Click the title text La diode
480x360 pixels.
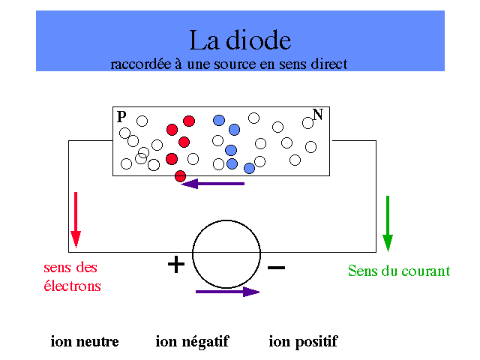click(x=240, y=40)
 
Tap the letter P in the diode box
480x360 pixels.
click(x=121, y=117)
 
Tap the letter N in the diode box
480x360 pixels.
click(x=318, y=115)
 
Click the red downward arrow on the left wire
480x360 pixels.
click(x=76, y=220)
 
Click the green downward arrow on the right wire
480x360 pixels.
click(x=388, y=223)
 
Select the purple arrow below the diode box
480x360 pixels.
click(x=213, y=184)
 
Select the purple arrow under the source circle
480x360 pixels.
click(x=228, y=292)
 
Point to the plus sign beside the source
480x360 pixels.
click(x=176, y=264)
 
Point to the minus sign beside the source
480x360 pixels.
click(x=277, y=268)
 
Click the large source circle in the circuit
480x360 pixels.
click(x=226, y=254)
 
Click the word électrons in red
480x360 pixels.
click(x=72, y=286)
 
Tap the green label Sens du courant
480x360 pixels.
click(x=399, y=271)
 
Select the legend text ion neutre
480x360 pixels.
click(x=85, y=341)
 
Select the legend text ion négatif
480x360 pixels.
click(x=192, y=342)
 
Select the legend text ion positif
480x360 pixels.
click(x=303, y=342)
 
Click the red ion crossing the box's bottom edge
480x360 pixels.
click(x=180, y=176)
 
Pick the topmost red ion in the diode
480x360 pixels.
click(x=189, y=121)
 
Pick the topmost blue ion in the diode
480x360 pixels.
click(x=219, y=120)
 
